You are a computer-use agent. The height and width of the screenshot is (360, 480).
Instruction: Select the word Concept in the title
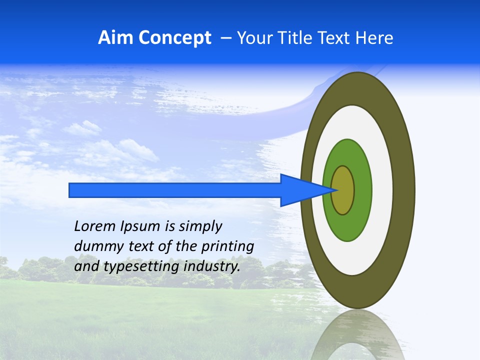click(174, 38)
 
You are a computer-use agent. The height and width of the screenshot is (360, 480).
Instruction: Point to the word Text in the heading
click(336, 37)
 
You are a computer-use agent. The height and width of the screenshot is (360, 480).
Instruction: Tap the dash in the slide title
click(226, 38)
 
